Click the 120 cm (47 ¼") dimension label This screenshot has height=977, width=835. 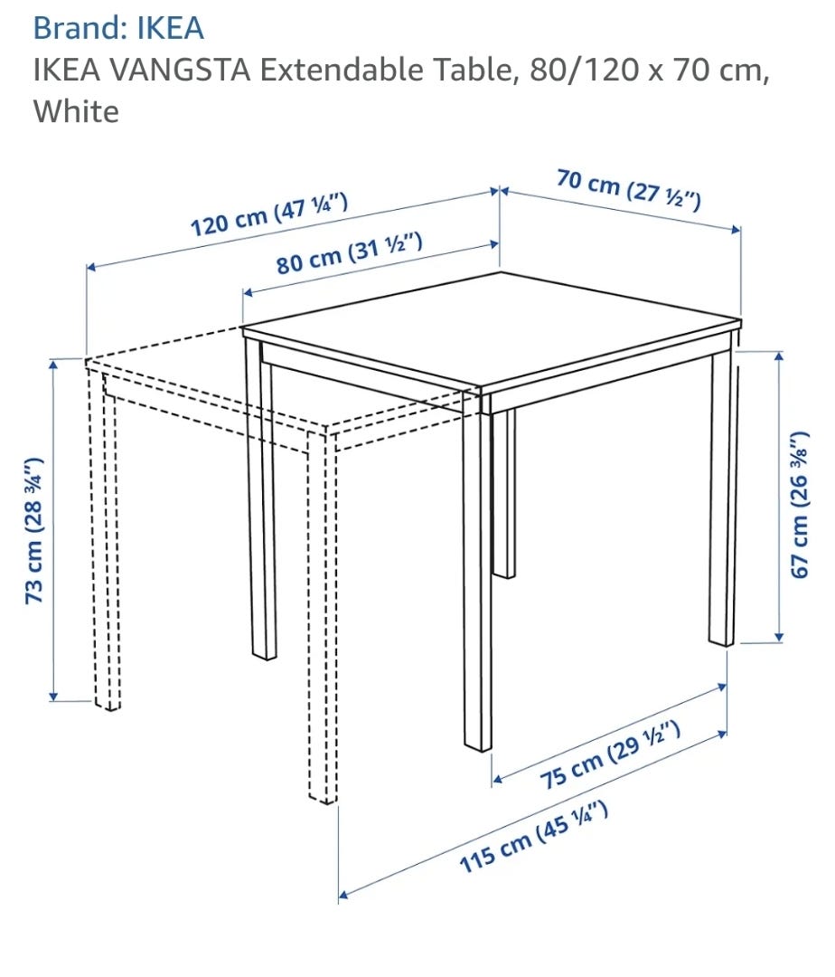click(x=268, y=215)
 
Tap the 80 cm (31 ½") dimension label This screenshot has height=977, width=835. click(x=350, y=253)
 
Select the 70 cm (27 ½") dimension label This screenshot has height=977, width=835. click(x=628, y=189)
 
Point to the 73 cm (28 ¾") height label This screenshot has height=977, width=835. click(x=35, y=530)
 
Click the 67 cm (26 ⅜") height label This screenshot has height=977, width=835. click(x=800, y=504)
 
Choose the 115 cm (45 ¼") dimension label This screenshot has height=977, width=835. click(x=533, y=837)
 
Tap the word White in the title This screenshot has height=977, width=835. click(x=76, y=111)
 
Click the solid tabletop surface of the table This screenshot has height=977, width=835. click(x=492, y=329)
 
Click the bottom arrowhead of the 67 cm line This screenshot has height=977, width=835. click(x=779, y=637)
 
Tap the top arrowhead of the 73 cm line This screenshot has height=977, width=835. click(x=53, y=364)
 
